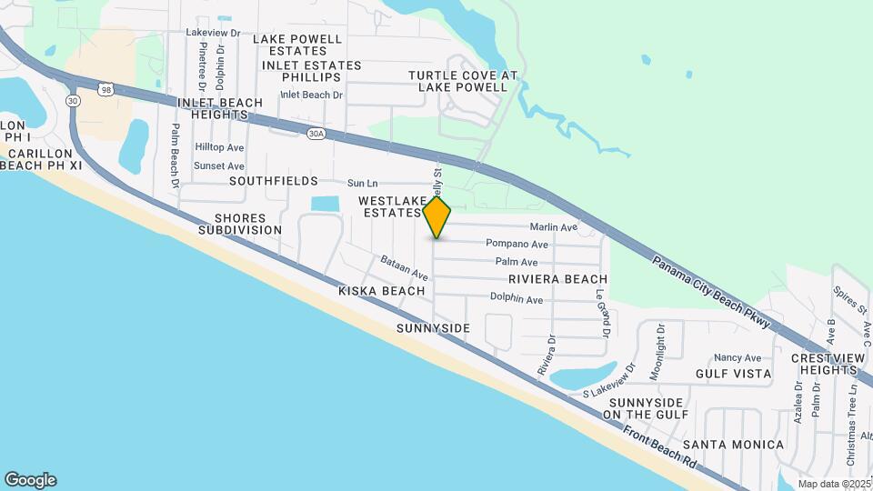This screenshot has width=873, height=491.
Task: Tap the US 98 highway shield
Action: [107, 89]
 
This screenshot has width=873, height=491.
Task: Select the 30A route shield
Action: [316, 134]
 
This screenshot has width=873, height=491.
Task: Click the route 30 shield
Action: [73, 101]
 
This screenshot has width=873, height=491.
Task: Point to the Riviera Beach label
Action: [557, 279]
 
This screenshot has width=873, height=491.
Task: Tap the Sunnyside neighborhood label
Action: [434, 327]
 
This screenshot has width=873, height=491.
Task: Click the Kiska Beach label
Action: [382, 291]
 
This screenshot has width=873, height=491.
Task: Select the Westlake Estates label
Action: [389, 206]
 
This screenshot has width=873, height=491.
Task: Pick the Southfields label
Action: [274, 181]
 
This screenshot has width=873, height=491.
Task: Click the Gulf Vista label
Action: [733, 374]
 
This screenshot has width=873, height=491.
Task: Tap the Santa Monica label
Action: [733, 445]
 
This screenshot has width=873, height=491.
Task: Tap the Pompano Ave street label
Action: [517, 244]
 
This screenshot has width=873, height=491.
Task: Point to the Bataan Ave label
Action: [405, 268]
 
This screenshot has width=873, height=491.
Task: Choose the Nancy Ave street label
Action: [738, 358]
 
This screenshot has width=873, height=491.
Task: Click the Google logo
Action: [30, 480]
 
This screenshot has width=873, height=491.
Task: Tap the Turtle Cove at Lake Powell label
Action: [463, 81]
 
